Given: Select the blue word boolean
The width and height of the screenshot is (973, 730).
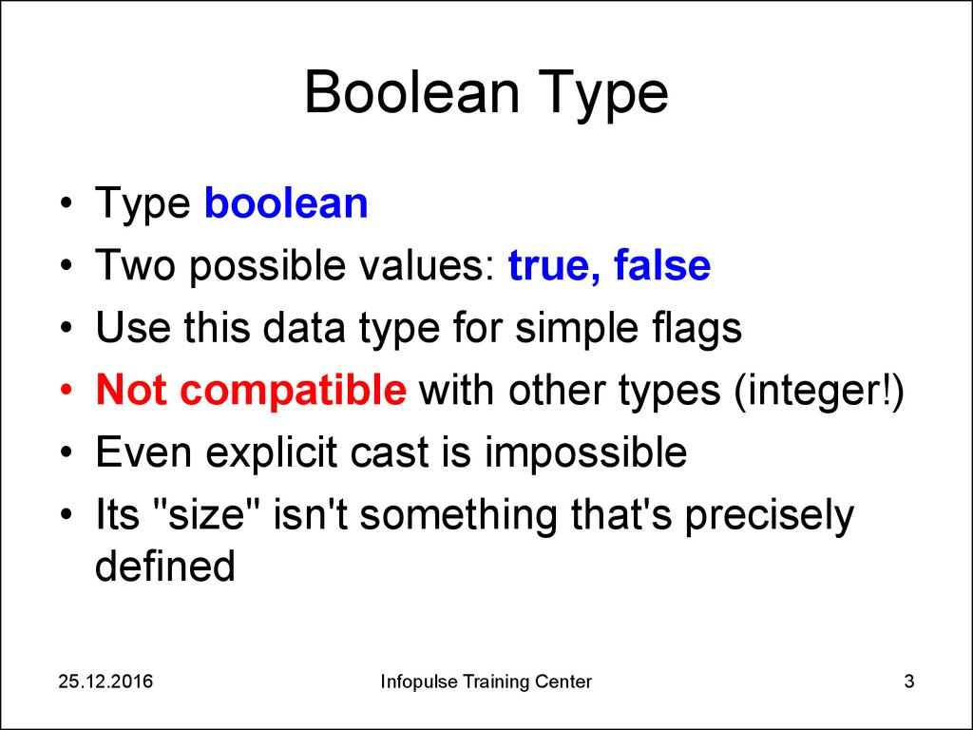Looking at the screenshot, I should pyautogui.click(x=286, y=204).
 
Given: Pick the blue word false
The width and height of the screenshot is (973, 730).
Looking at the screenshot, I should pyautogui.click(x=662, y=267).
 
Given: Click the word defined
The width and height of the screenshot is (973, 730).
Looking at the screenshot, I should pyautogui.click(x=164, y=567).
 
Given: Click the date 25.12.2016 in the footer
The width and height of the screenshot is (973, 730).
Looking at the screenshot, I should pyautogui.click(x=105, y=682).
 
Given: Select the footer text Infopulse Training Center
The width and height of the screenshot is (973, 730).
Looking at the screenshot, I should pyautogui.click(x=486, y=682).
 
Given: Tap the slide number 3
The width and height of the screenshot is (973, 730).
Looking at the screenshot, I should pyautogui.click(x=909, y=682).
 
